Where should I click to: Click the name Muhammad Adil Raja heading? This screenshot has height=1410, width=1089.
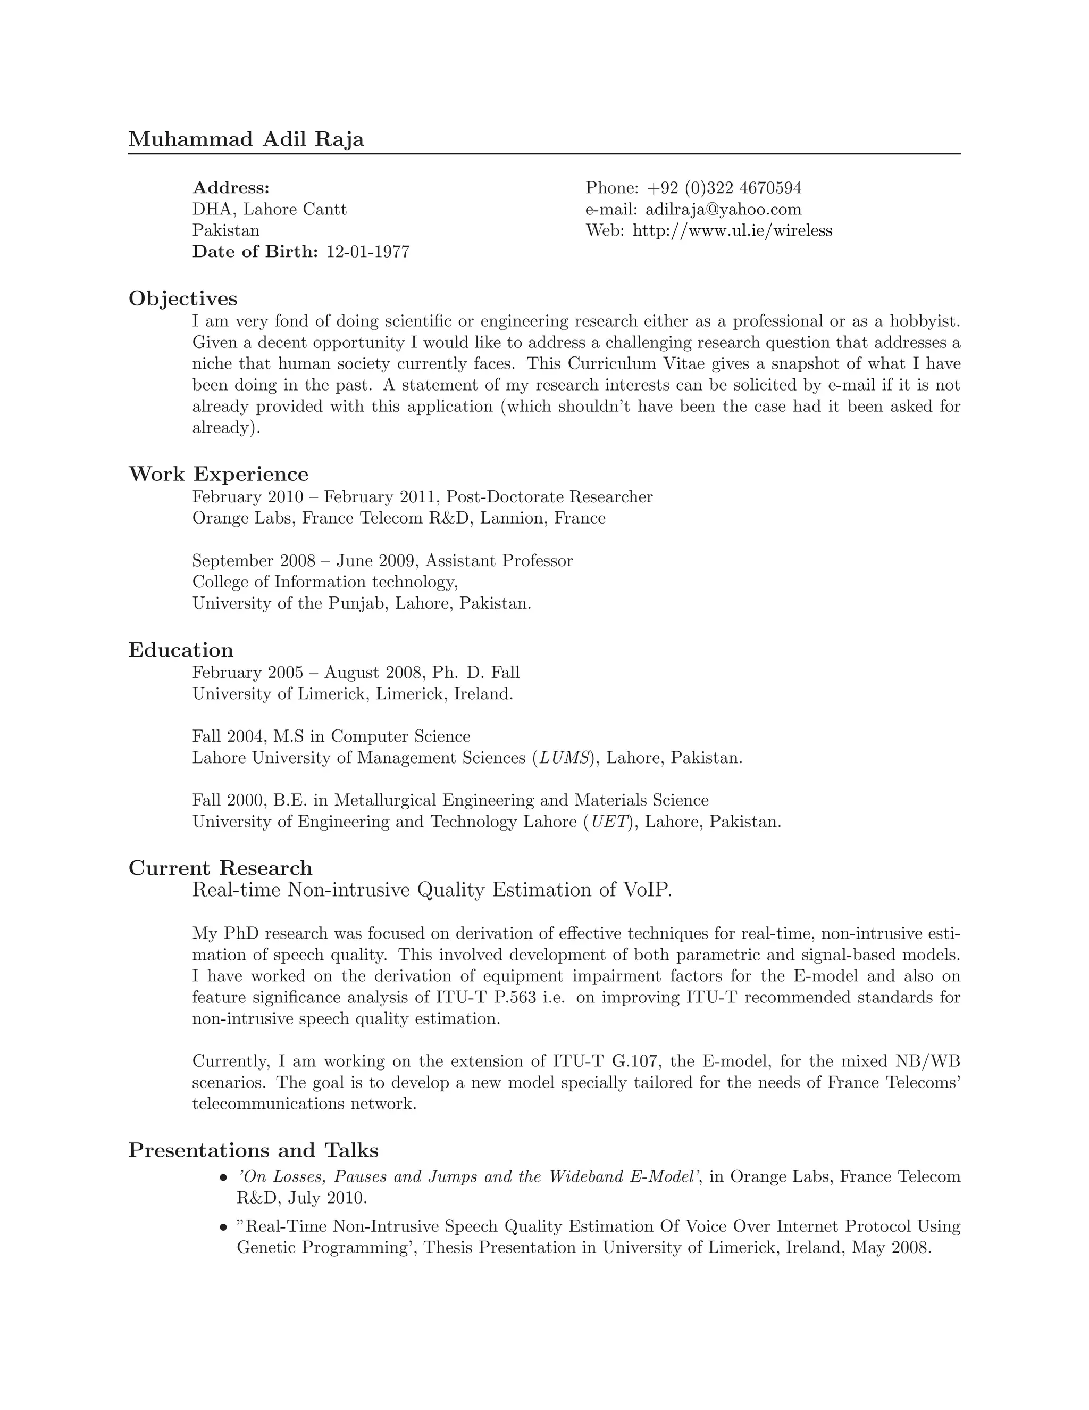[246, 139]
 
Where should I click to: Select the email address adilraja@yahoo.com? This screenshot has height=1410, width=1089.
[723, 209]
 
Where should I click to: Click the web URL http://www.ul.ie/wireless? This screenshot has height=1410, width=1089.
[732, 230]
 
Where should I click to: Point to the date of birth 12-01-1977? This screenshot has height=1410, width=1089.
[368, 252]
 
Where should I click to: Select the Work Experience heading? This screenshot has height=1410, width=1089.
[218, 474]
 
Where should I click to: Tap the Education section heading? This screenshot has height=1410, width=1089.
[181, 650]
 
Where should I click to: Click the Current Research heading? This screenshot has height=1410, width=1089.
[220, 868]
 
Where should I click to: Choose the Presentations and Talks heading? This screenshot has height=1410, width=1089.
[253, 1150]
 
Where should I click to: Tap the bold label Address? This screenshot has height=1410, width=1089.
[231, 188]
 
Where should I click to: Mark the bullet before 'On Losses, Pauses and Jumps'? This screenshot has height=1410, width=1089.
[223, 1177]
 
